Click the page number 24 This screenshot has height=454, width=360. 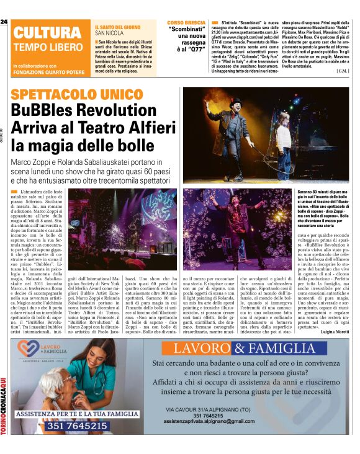4,22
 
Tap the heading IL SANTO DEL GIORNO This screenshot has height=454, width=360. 117,27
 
